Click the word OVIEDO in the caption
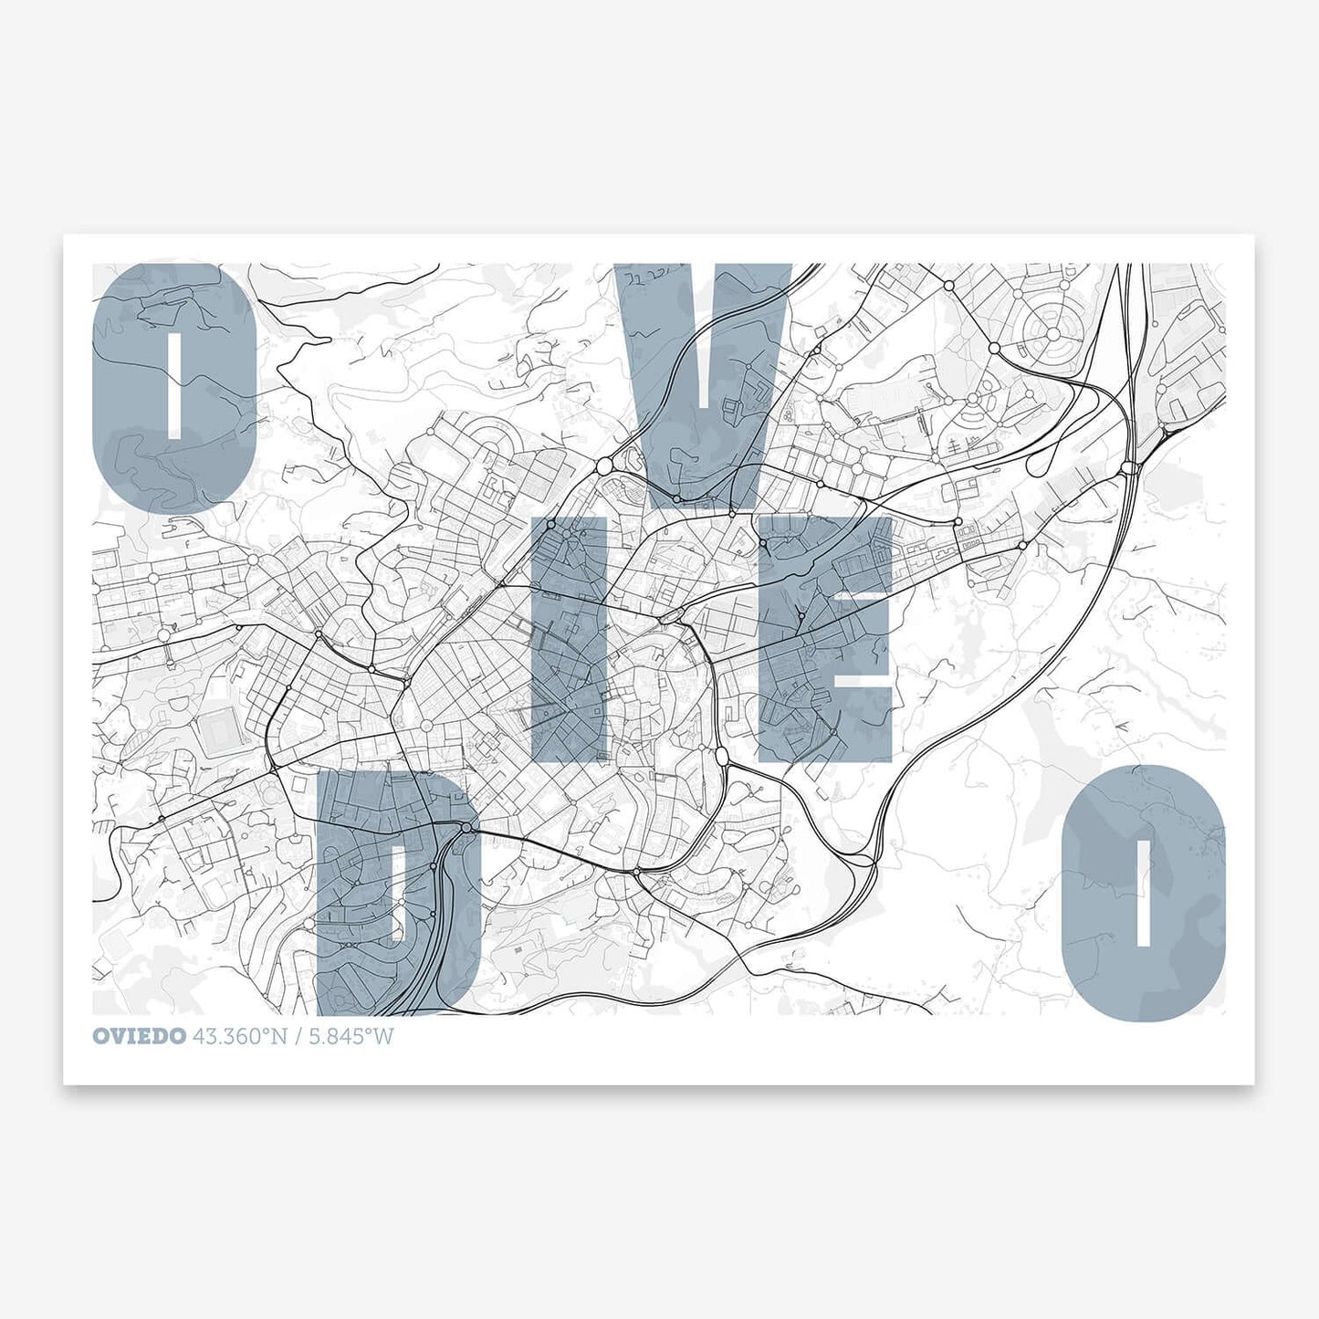pyautogui.click(x=139, y=1037)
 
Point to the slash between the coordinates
pyautogui.click(x=298, y=1037)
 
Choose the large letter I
pyautogui.click(x=568, y=639)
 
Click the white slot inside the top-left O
pyautogui.click(x=174, y=383)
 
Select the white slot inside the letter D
pyautogui.click(x=396, y=895)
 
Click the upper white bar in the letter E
pyautogui.click(x=865, y=594)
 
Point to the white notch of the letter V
pyautogui.click(x=702, y=365)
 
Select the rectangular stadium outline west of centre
pyautogui.click(x=217, y=731)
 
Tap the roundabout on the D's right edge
pyautogui.click(x=467, y=827)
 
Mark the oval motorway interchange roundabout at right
pyautogui.click(x=1129, y=467)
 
